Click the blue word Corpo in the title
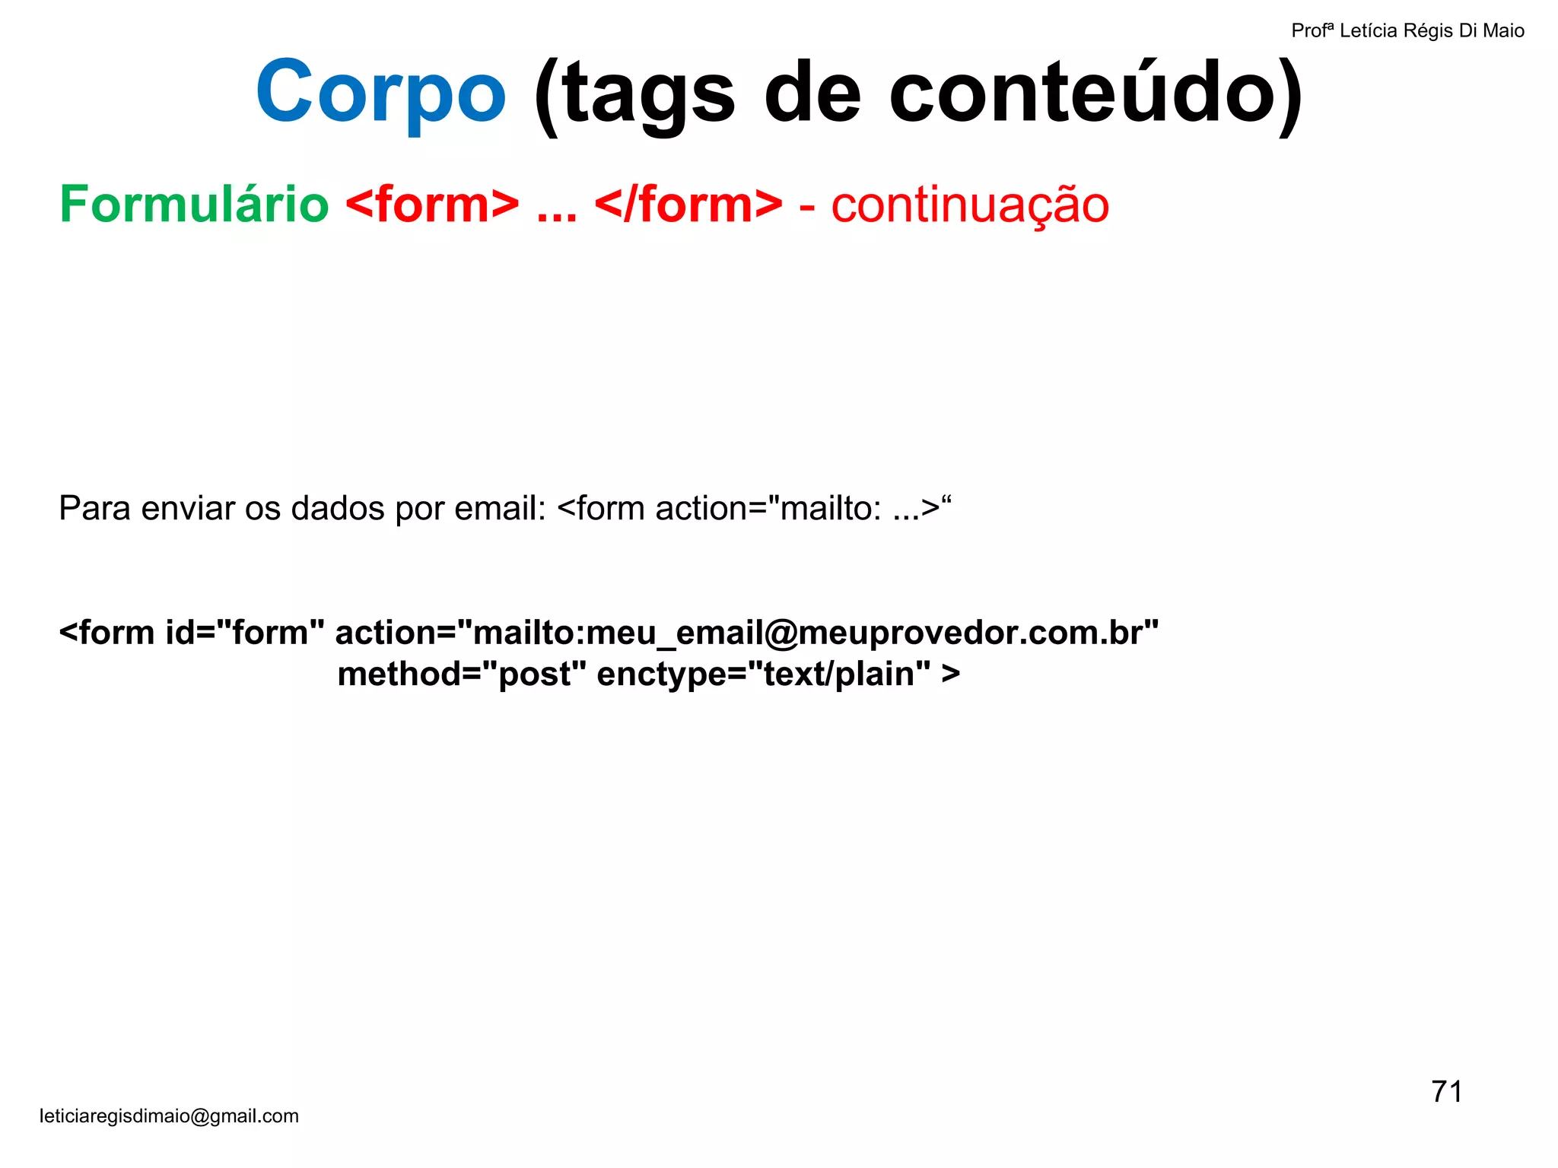pos(380,93)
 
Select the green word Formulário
pos(194,205)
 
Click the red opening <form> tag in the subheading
pos(432,205)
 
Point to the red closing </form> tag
pos(688,205)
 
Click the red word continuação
pos(970,205)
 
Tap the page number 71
pos(1446,1092)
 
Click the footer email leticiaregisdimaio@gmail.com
pos(169,1116)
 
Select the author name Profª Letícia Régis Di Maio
pos(1407,30)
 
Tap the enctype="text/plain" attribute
pos(764,674)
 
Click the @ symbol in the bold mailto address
pos(781,633)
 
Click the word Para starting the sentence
pos(94,508)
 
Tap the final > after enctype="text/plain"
pos(951,674)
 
